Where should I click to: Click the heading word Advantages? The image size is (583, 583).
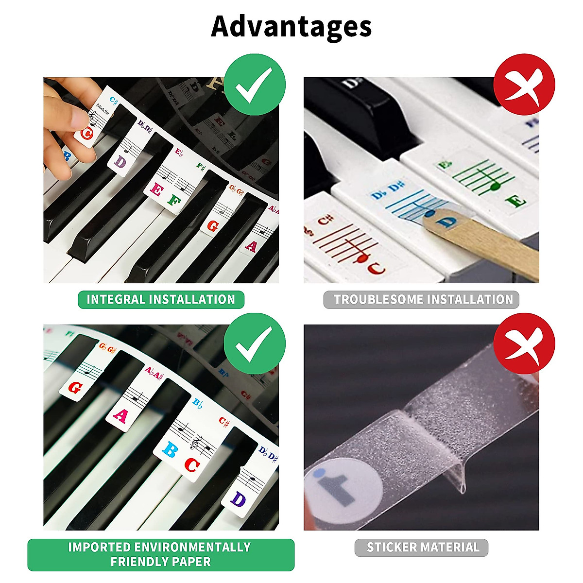[x=291, y=27]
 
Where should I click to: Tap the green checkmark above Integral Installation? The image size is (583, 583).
[x=254, y=85]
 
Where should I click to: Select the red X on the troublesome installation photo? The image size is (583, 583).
[x=524, y=85]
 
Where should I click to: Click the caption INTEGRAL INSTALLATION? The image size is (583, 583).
[x=161, y=299]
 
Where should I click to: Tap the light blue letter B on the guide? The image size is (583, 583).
[x=170, y=450]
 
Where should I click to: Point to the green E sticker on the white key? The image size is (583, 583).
[x=514, y=201]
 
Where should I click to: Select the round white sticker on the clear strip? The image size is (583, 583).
[x=340, y=486]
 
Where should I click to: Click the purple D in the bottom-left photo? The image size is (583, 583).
[x=239, y=499]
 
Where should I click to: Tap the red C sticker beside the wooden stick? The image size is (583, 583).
[x=376, y=268]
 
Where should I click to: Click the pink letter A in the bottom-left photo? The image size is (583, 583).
[x=120, y=416]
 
